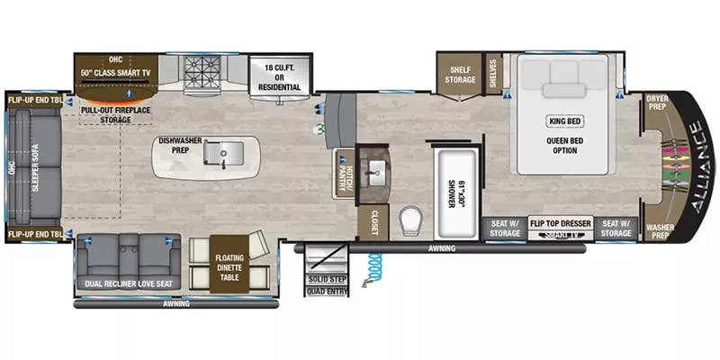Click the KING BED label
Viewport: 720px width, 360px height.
(x=566, y=121)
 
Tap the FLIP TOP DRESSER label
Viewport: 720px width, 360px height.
(x=560, y=221)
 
